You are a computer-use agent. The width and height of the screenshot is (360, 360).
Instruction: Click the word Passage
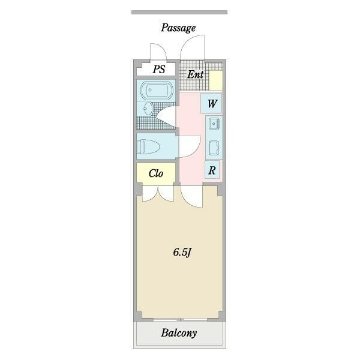178,28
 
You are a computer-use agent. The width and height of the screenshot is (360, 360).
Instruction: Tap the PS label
159,69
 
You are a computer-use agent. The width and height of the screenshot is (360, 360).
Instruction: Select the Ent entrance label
196,74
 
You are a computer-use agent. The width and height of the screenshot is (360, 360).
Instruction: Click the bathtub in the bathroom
157,90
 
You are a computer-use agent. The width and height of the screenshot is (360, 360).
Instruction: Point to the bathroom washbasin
148,109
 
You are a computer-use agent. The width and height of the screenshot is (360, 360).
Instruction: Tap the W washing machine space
212,103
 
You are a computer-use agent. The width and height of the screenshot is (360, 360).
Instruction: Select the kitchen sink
214,124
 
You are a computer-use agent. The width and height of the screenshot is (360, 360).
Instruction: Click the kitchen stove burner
214,148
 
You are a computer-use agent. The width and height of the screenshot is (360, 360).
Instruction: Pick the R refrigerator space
212,170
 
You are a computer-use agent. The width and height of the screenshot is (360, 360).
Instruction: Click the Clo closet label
156,173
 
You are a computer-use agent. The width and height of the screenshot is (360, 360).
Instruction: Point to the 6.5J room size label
182,253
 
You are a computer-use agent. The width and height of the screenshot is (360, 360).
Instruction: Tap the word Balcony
179,333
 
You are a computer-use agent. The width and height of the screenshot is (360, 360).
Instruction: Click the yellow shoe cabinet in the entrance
216,80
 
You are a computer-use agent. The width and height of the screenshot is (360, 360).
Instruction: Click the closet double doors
158,193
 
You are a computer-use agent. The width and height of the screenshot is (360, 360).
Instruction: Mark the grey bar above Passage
179,13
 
